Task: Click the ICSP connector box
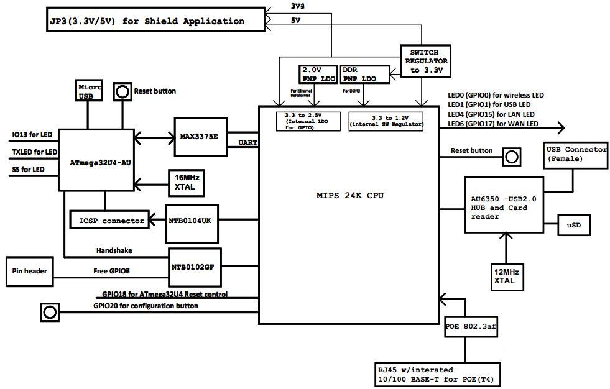tap(109, 220)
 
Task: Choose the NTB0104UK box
tap(192, 221)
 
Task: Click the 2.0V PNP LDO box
tap(318, 74)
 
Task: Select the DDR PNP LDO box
tap(364, 74)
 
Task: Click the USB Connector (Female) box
tap(575, 154)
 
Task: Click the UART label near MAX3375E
tap(248, 143)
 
